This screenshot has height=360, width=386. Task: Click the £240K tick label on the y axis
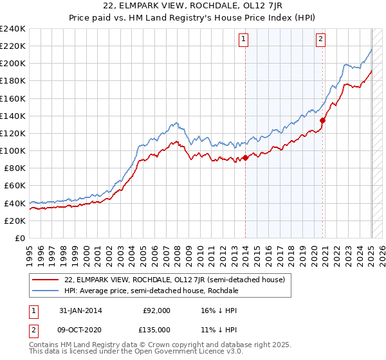pos(12,29)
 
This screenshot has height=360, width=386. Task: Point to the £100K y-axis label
pos(12,150)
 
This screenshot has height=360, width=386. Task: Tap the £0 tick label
pos(20,238)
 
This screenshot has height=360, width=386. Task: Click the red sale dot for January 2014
pos(246,158)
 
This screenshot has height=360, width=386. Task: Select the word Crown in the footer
pos(166,346)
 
